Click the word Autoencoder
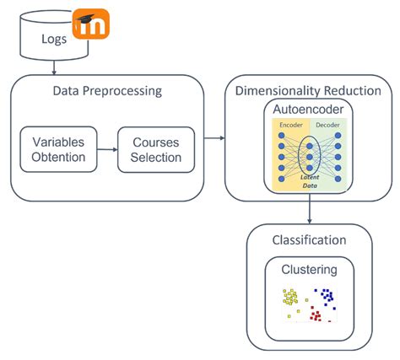pyautogui.click(x=309, y=110)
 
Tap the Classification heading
pyautogui.click(x=309, y=240)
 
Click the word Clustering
pyautogui.click(x=309, y=270)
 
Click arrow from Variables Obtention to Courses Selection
pyautogui.click(x=107, y=149)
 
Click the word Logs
pyautogui.click(x=51, y=39)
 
